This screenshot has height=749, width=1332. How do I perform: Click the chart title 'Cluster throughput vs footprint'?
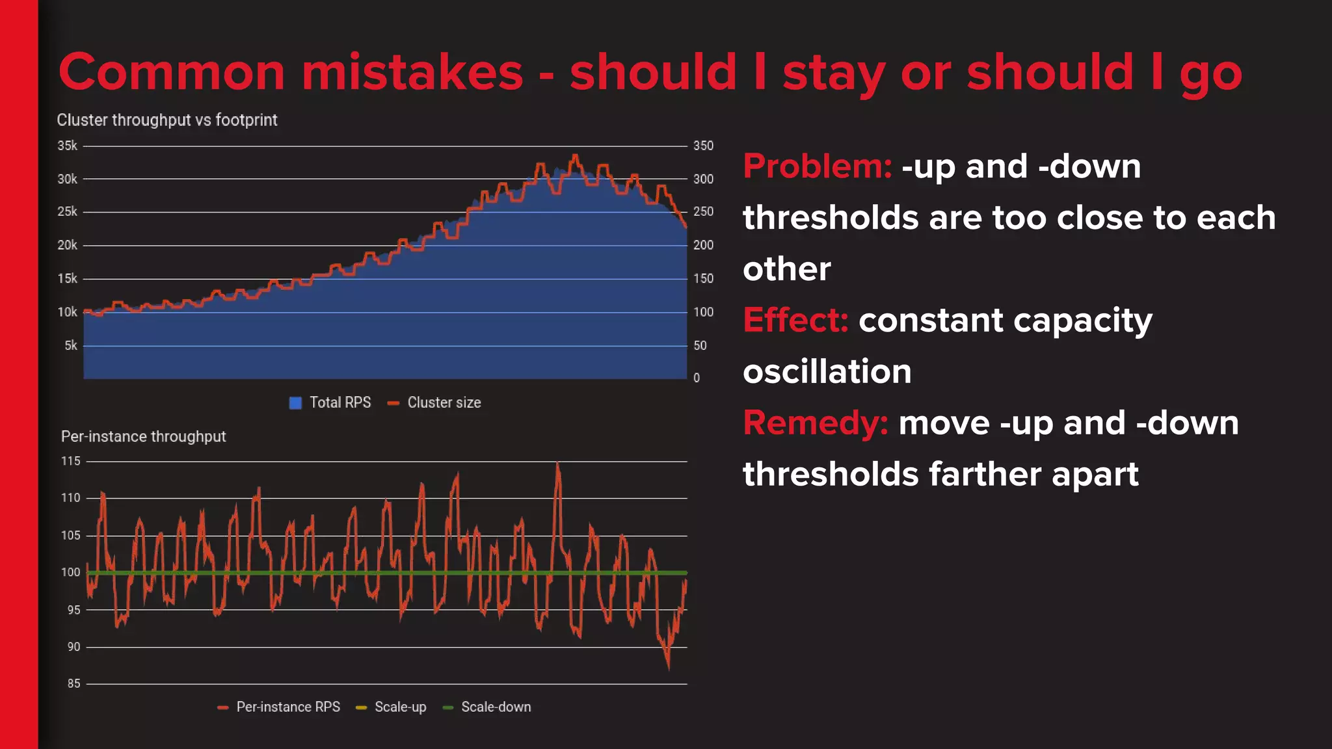166,120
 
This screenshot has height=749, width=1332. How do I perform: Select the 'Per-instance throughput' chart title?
143,436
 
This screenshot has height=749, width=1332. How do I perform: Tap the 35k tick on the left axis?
67,146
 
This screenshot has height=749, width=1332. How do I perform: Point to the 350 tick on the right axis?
703,146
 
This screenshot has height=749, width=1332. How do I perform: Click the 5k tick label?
70,345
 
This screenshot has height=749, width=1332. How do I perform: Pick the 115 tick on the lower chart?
71,461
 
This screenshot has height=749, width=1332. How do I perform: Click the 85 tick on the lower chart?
73,683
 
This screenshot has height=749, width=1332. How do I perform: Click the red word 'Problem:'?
817,166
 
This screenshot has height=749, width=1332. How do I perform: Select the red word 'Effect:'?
795,320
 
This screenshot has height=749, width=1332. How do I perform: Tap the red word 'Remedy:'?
815,423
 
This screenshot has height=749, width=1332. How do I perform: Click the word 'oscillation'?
827,371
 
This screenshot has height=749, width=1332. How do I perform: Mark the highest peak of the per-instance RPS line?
557,464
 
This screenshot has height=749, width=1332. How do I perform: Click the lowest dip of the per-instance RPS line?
668,667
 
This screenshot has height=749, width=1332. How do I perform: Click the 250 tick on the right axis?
703,212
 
